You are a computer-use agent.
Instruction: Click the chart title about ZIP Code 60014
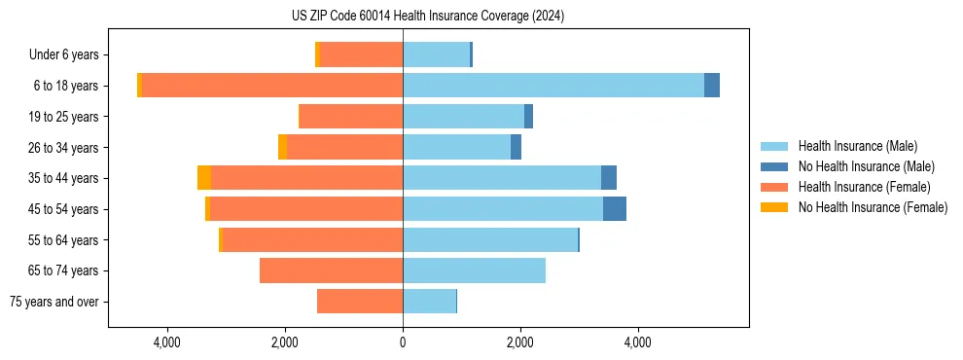427,17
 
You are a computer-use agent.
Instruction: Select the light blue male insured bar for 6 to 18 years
553,86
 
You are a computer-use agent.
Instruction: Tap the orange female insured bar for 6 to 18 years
272,86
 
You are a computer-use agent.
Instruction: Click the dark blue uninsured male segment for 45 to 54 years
615,209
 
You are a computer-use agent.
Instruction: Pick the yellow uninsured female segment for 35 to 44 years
204,178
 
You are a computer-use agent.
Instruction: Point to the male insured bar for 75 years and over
429,302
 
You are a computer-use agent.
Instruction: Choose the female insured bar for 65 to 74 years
331,270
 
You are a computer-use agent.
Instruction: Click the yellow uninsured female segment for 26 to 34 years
282,147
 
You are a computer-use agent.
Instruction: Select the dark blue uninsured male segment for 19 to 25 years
528,117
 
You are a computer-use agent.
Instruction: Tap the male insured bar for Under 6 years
436,54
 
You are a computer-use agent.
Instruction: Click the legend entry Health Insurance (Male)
857,146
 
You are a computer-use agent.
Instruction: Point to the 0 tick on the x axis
403,342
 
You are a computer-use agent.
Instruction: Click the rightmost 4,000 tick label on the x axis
638,342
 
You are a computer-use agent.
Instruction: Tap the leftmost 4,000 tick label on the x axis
167,342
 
